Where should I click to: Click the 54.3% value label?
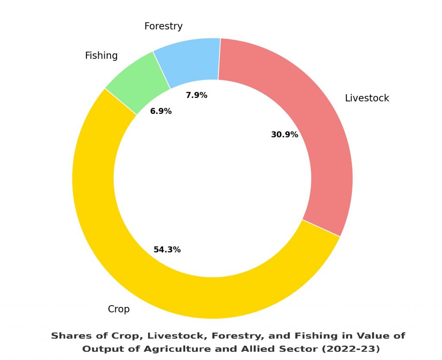point(167,249)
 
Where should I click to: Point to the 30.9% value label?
point(284,135)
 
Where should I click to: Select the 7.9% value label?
point(196,95)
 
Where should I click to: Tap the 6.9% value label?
point(161,111)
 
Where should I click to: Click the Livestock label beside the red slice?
point(367,98)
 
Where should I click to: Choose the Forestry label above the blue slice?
point(163,26)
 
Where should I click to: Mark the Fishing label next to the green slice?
point(101,56)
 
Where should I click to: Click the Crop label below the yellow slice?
point(119,309)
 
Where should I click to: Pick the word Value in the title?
point(372,336)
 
